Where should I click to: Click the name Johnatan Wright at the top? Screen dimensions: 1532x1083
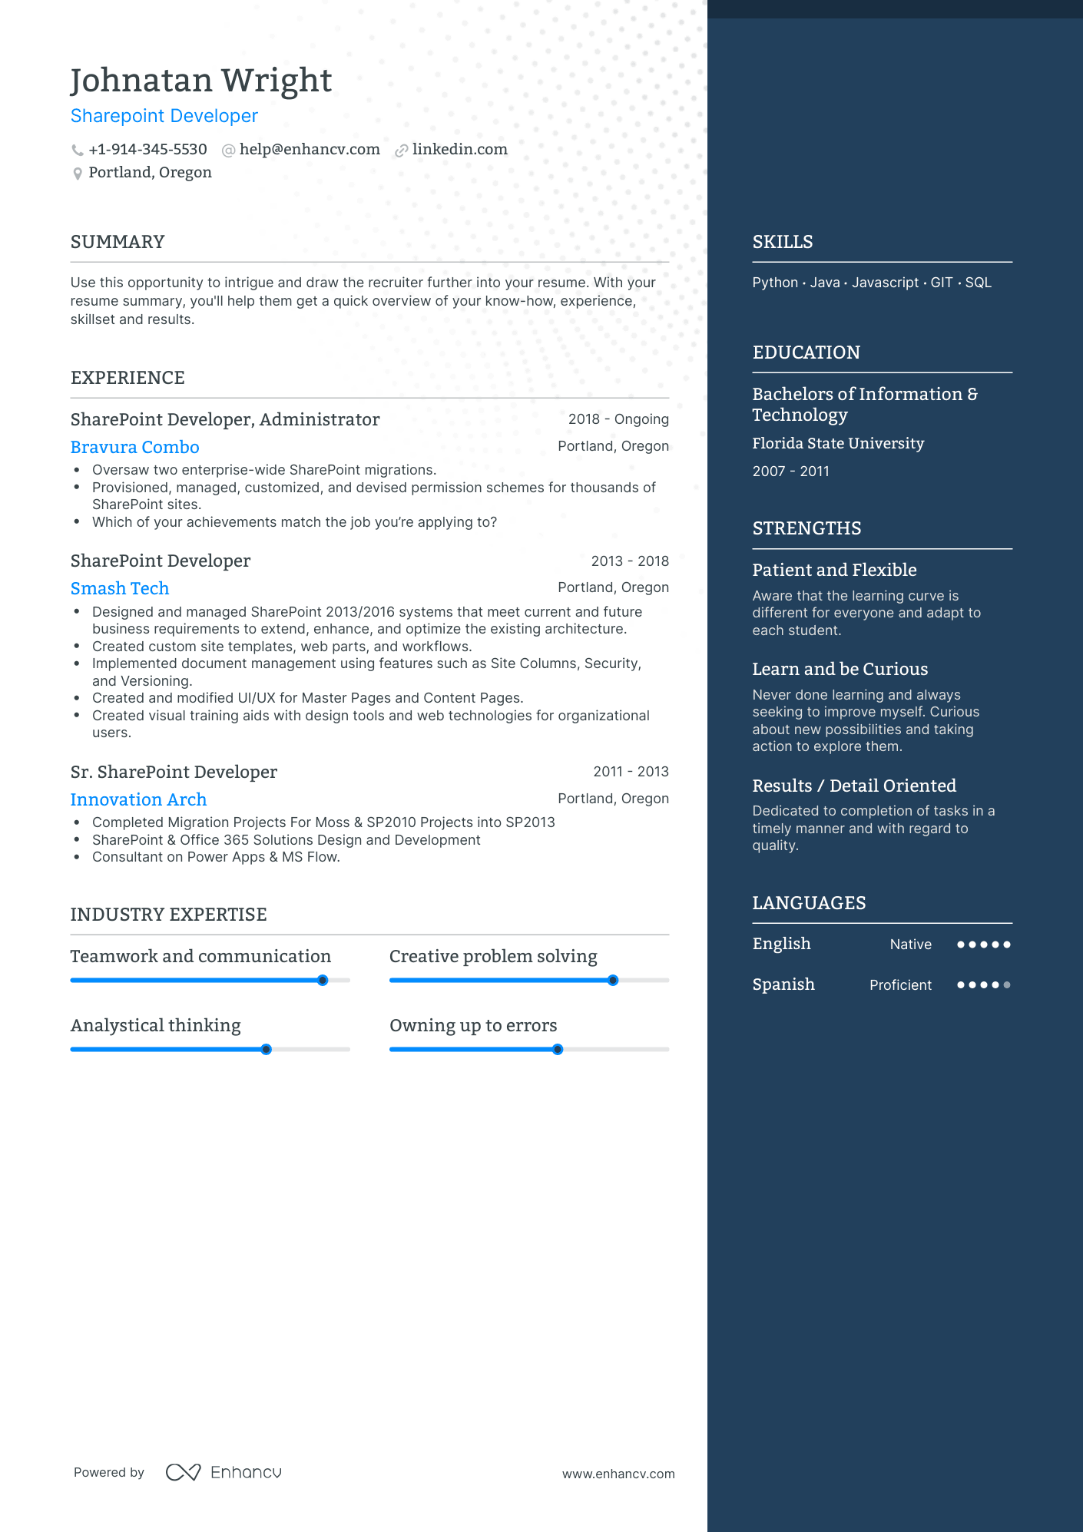pyautogui.click(x=201, y=81)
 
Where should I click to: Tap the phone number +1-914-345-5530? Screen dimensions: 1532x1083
pyautogui.click(x=147, y=150)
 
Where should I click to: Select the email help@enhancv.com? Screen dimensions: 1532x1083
pyautogui.click(x=310, y=150)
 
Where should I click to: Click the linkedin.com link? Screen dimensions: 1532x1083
pyautogui.click(x=459, y=150)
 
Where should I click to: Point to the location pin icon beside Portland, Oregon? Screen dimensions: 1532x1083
pyautogui.click(x=78, y=174)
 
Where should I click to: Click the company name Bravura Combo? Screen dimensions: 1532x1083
pyautogui.click(x=135, y=447)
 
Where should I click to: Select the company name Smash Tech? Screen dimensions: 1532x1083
pyautogui.click(x=120, y=588)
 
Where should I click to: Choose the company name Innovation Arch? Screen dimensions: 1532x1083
pyautogui.click(x=139, y=799)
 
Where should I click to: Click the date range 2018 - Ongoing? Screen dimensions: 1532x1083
pyautogui.click(x=618, y=419)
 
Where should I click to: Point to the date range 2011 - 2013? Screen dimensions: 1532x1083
pyautogui.click(x=631, y=772)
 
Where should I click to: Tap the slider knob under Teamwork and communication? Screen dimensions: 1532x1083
pyautogui.click(x=323, y=980)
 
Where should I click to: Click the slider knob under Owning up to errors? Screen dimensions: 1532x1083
pyautogui.click(x=558, y=1049)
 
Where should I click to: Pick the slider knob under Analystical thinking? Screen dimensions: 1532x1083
pyautogui.click(x=266, y=1049)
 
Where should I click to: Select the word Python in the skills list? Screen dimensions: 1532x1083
pyautogui.click(x=775, y=283)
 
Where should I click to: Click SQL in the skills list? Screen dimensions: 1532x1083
pyautogui.click(x=978, y=283)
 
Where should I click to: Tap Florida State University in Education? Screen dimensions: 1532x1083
pyautogui.click(x=838, y=443)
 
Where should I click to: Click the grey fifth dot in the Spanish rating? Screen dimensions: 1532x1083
pyautogui.click(x=1007, y=984)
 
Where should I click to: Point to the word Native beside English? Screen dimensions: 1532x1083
pyautogui.click(x=910, y=945)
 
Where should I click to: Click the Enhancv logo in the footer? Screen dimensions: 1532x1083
pyautogui.click(x=224, y=1472)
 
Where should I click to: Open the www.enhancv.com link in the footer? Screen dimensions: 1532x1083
pyautogui.click(x=618, y=1474)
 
